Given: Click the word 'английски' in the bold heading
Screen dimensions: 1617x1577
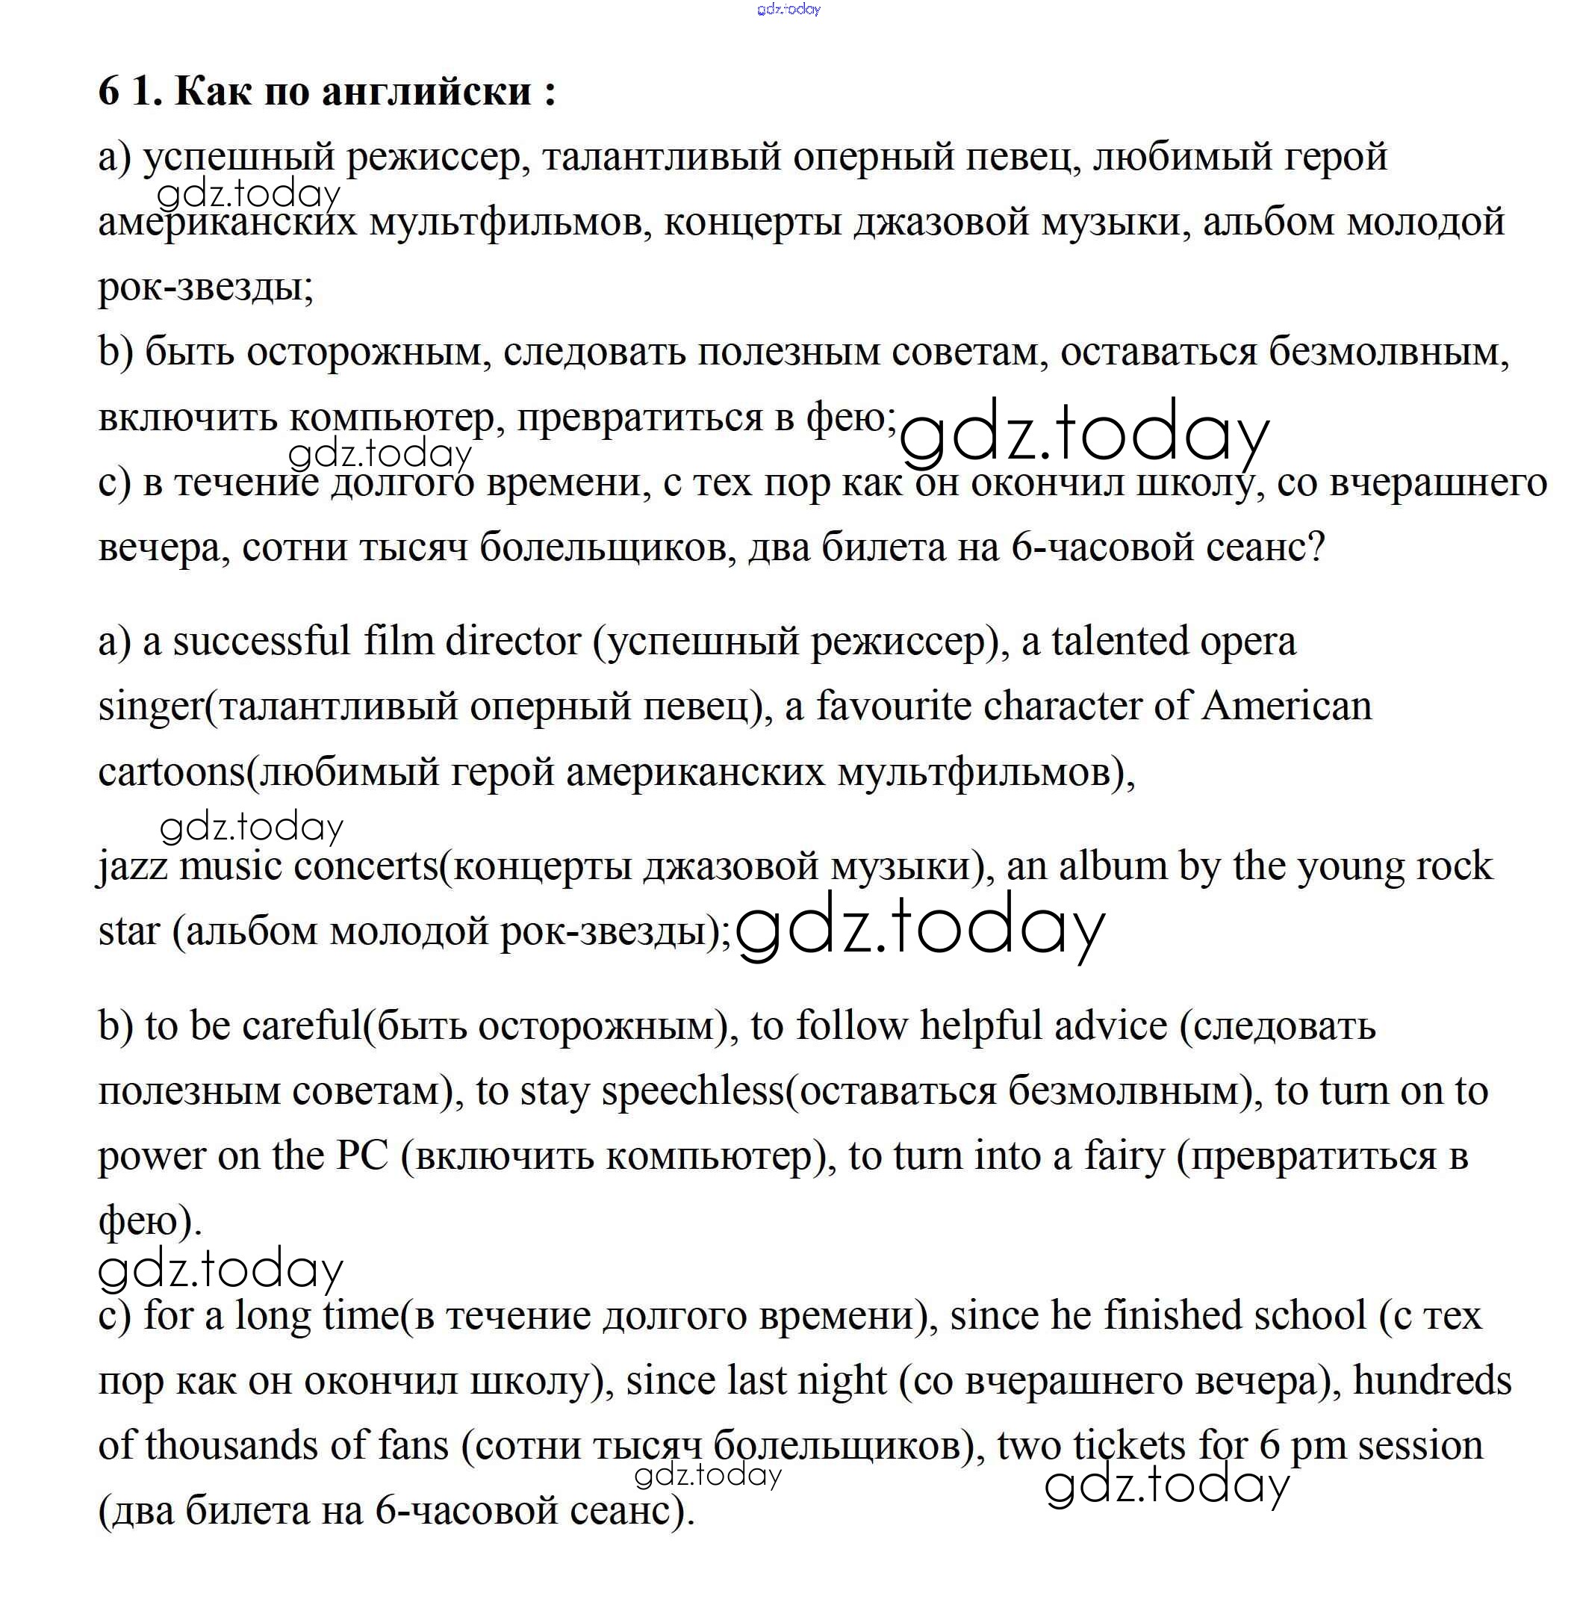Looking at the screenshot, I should point(426,91).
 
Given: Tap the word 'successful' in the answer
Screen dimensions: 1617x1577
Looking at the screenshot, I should point(261,642).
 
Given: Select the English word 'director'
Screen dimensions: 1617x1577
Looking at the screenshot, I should point(513,642).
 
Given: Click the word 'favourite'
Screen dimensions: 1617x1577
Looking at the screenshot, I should point(894,707).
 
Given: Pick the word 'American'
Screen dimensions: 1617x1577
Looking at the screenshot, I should point(1287,707).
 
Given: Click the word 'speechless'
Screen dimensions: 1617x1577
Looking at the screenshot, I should point(692,1092).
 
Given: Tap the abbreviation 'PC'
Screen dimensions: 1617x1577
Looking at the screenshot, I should point(362,1156).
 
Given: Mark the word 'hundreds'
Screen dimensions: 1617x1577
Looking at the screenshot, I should point(1432,1381).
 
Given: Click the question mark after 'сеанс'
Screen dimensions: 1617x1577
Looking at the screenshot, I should point(1314,547).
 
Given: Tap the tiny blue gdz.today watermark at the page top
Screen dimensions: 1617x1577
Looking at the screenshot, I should point(788,9).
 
